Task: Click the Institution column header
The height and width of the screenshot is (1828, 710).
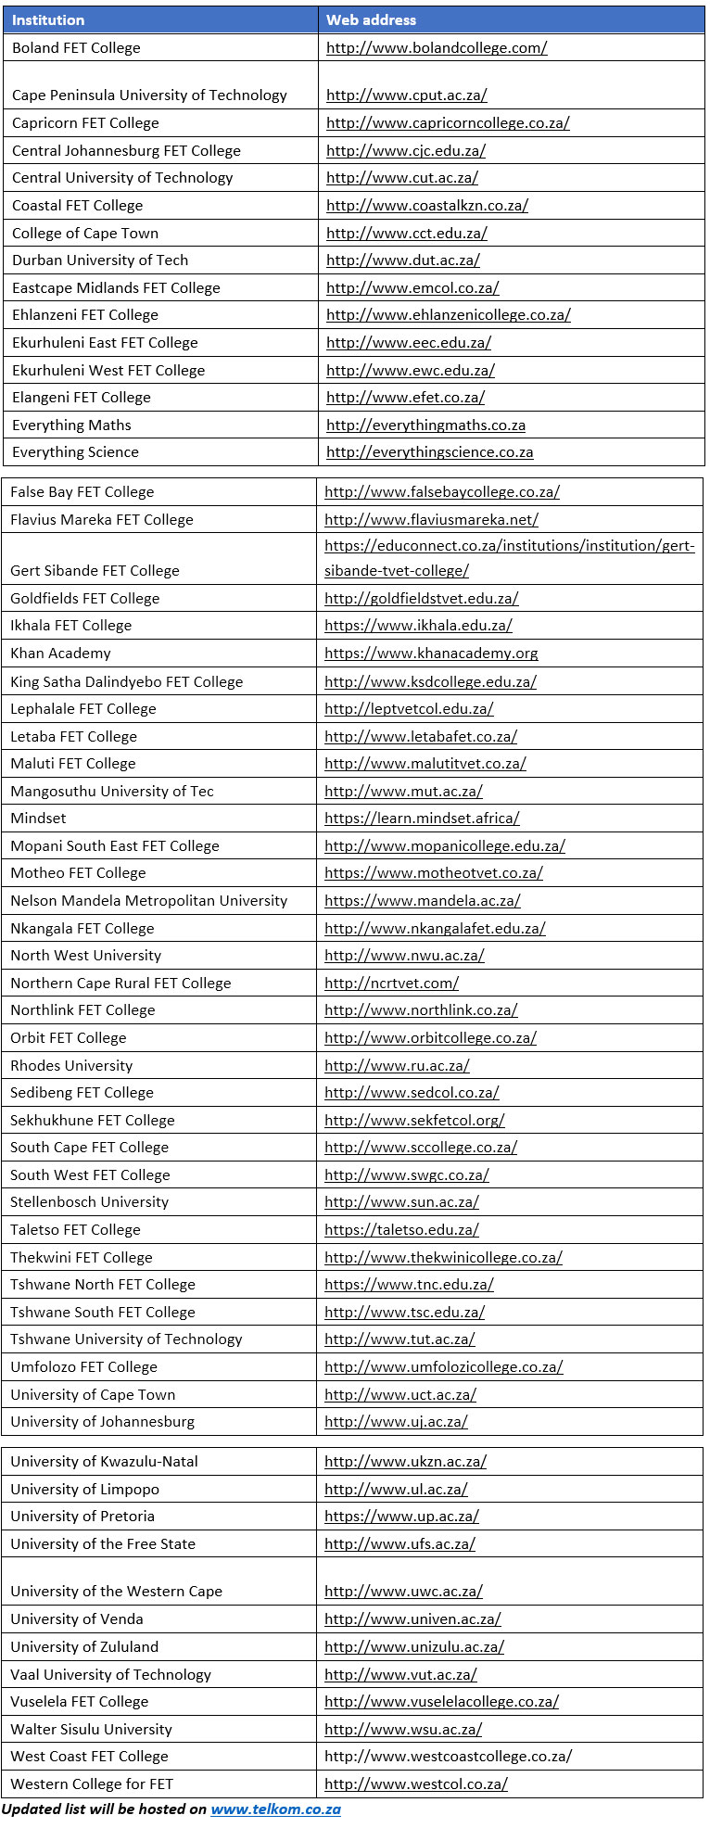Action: (x=48, y=19)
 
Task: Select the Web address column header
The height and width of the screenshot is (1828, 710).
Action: (x=371, y=19)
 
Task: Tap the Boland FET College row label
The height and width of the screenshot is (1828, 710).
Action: (x=76, y=47)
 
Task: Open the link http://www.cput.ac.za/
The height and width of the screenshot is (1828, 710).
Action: (x=406, y=95)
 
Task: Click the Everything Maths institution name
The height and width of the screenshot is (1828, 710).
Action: (x=71, y=425)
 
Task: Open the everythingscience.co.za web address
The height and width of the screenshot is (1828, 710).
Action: (x=429, y=452)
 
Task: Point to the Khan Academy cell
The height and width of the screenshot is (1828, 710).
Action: (x=60, y=654)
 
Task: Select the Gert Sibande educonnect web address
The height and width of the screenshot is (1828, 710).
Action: (x=509, y=558)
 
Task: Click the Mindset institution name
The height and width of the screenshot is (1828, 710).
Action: (x=38, y=819)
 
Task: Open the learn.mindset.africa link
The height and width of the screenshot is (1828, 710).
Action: (x=422, y=819)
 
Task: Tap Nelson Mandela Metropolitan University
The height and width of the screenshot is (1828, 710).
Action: (x=148, y=900)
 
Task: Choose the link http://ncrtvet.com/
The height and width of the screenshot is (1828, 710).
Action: (x=391, y=983)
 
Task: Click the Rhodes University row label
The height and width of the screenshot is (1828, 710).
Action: (x=71, y=1065)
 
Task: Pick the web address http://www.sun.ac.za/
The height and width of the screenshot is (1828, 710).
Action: (x=401, y=1202)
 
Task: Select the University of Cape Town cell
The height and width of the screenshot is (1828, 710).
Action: (x=93, y=1394)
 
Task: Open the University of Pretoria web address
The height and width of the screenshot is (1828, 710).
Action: (x=401, y=1517)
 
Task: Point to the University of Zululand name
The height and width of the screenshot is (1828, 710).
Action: (x=84, y=1647)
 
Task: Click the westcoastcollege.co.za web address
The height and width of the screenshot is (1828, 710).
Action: (x=448, y=1757)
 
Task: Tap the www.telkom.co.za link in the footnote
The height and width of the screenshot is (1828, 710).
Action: (x=275, y=1809)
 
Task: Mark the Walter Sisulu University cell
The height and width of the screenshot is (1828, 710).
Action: (x=91, y=1730)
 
